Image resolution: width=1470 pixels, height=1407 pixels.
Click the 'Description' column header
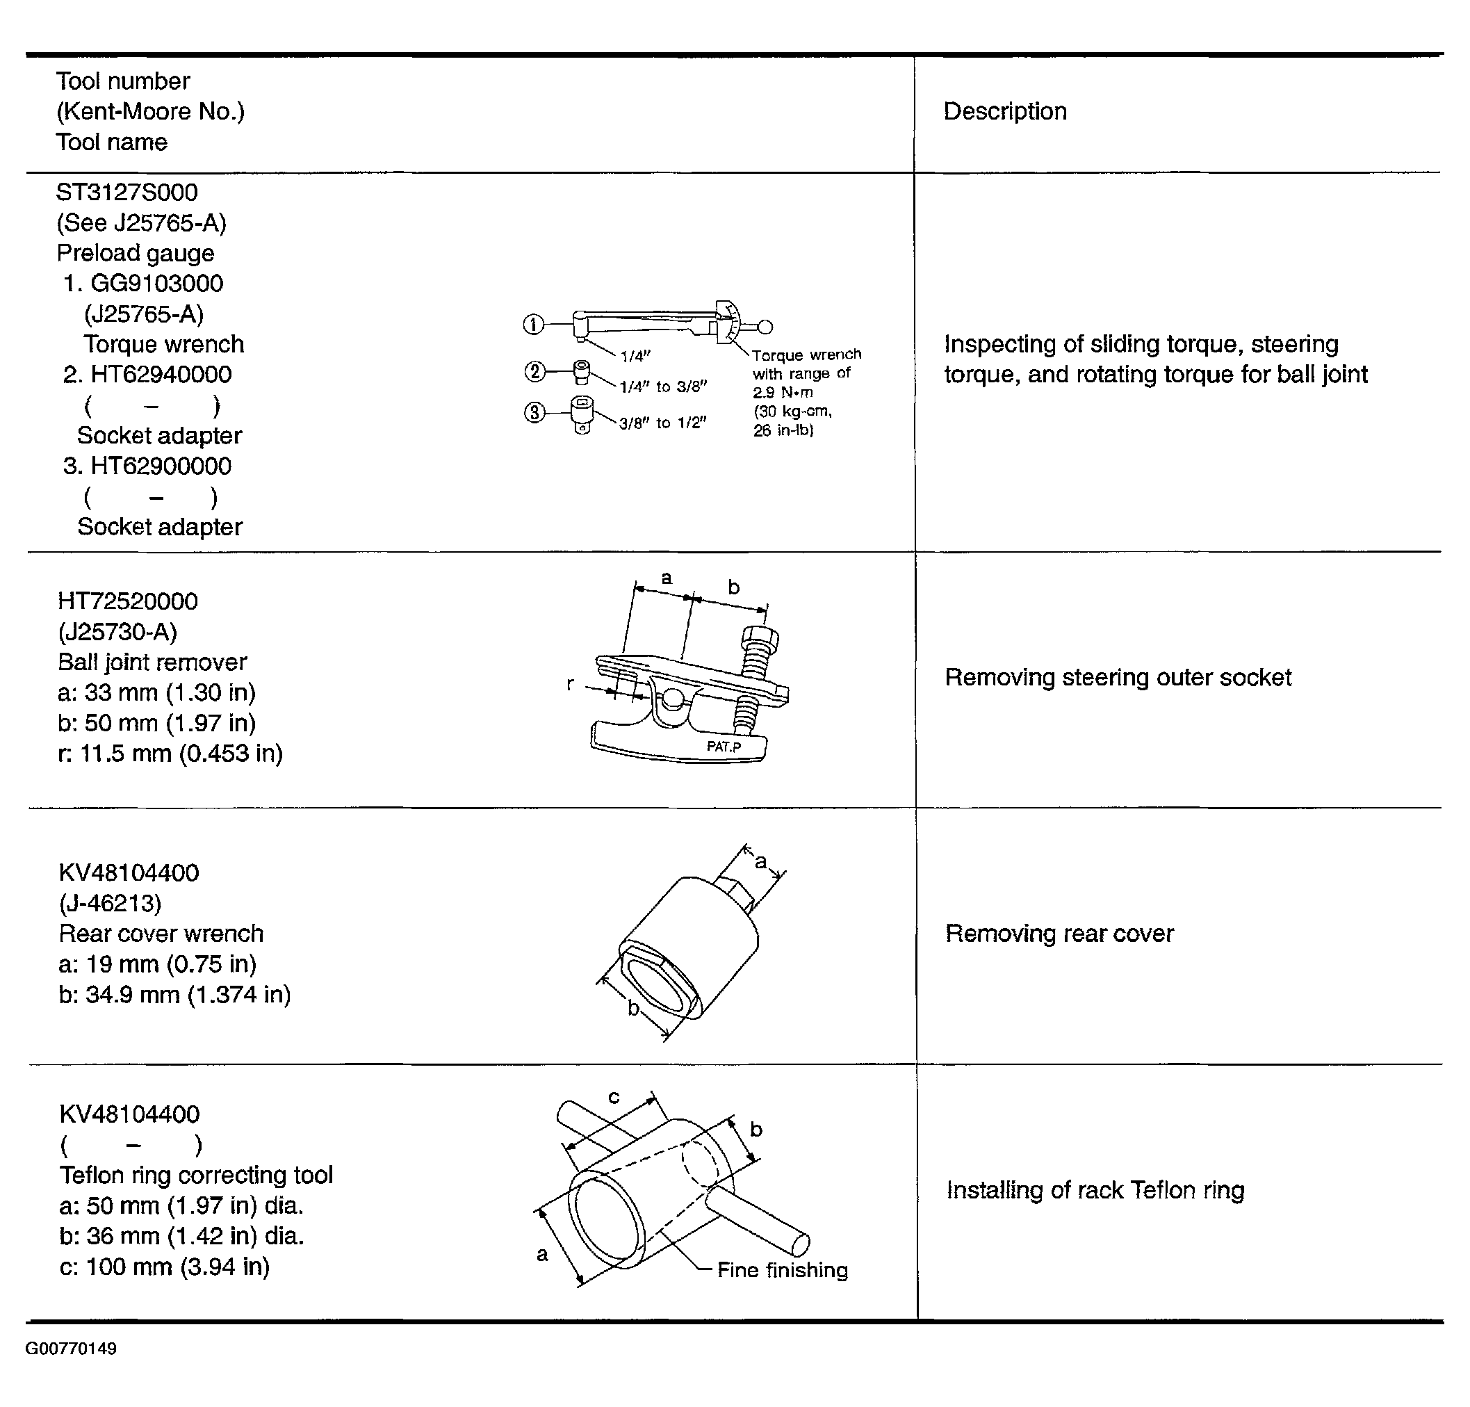(1005, 111)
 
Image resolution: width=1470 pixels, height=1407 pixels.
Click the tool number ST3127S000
(126, 192)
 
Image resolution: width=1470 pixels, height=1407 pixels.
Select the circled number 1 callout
(532, 324)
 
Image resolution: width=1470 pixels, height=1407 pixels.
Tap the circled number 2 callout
(534, 371)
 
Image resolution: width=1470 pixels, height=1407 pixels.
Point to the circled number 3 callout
(534, 412)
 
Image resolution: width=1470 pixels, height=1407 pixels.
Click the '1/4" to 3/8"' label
(663, 387)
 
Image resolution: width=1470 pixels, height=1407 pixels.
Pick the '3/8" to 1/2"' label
(663, 423)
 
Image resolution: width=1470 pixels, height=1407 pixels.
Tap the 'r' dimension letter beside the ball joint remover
(570, 684)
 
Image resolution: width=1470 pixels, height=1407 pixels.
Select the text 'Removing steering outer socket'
(1118, 677)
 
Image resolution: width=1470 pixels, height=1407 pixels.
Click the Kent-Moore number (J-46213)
(111, 903)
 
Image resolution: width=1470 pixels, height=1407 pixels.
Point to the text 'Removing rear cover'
(1059, 933)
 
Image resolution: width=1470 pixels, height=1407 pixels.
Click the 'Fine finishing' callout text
(782, 1270)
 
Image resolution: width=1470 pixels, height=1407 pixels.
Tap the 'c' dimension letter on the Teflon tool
(614, 1097)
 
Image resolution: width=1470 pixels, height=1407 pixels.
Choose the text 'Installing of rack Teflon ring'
(1095, 1189)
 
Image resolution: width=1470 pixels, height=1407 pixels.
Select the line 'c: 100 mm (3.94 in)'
(164, 1267)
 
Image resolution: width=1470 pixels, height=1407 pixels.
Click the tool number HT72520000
(127, 601)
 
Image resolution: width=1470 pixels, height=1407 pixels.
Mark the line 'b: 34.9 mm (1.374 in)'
(174, 995)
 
